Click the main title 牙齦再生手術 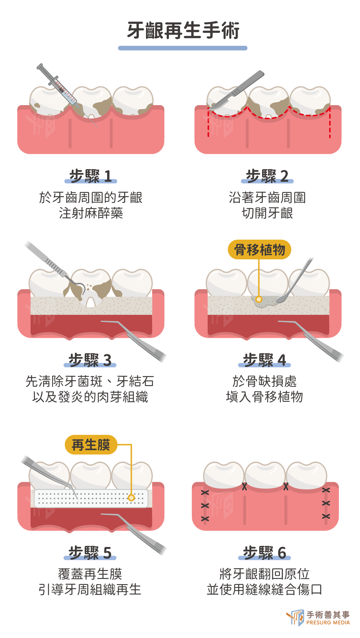coord(183,30)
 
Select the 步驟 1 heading coord(90,176)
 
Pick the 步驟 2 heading coord(267,176)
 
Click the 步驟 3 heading coord(90,360)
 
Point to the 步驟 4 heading coord(264,360)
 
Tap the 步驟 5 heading coord(90,553)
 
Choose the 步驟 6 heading coord(264,553)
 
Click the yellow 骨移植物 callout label coord(259,249)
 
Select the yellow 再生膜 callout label coord(91,445)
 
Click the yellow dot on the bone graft coord(259,299)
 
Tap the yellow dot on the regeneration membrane coord(131,497)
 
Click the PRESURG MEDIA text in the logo coord(328,622)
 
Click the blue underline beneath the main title coord(183,48)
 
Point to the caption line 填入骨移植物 coord(264,397)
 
